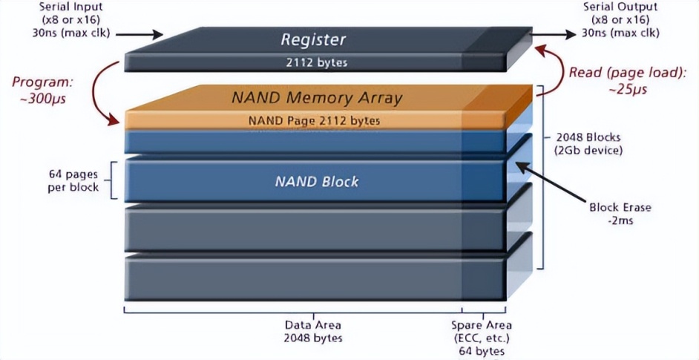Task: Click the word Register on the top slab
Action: [313, 39]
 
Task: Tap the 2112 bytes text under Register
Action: [317, 62]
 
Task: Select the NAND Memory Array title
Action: [317, 98]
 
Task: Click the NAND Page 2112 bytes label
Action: [314, 120]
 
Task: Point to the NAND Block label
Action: [317, 182]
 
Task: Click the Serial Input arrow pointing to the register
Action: [140, 34]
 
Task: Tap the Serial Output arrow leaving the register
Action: [554, 34]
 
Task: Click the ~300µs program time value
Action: [43, 99]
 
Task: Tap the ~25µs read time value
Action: [628, 90]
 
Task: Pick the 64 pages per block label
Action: [73, 180]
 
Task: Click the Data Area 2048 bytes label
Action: [313, 332]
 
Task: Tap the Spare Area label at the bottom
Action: [482, 325]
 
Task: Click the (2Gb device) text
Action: [588, 151]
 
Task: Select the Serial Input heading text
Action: [71, 7]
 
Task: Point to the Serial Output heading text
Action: [620, 7]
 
